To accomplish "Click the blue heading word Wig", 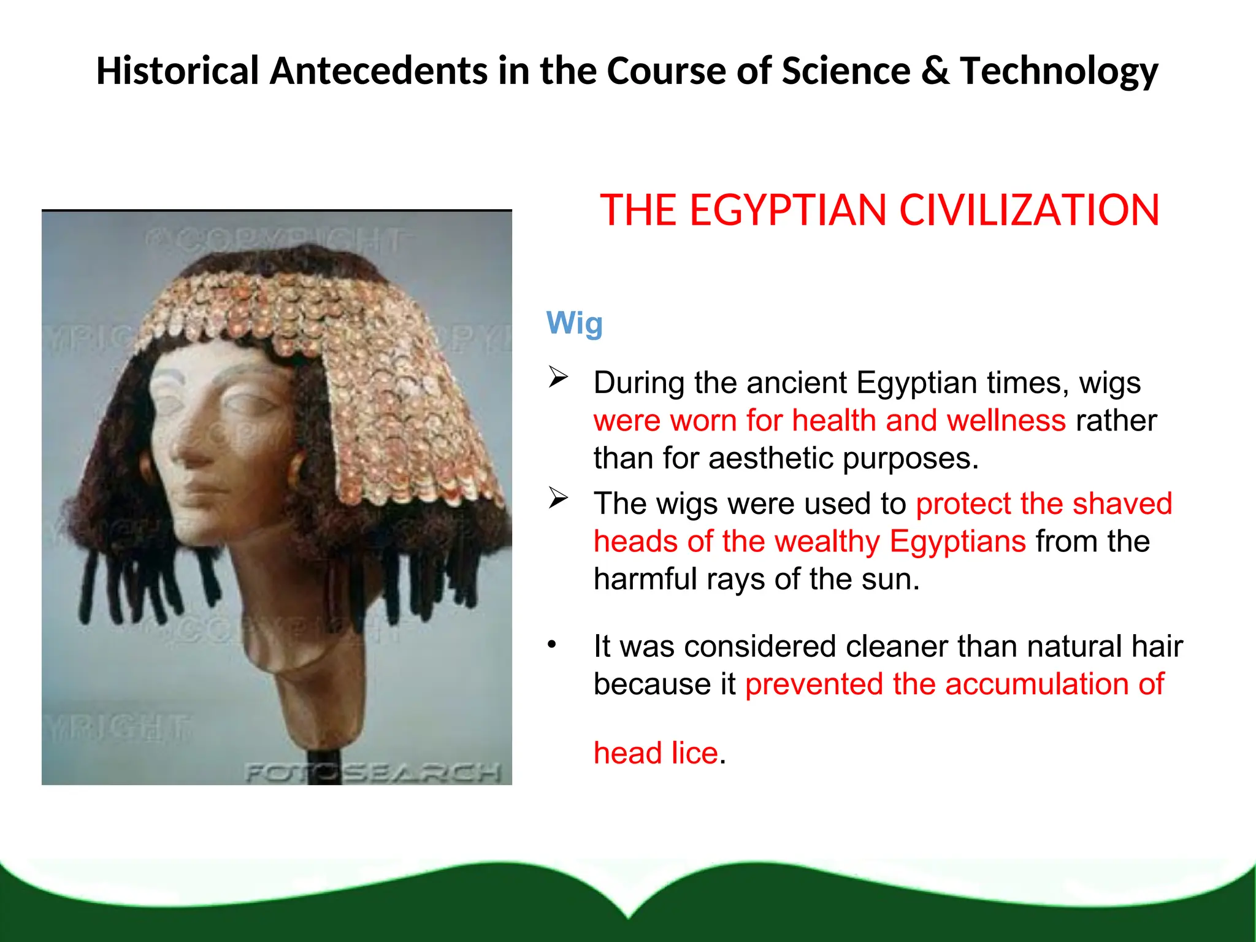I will (574, 323).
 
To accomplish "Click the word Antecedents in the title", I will (378, 71).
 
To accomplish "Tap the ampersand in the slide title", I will (935, 71).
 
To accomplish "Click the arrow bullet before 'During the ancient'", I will (559, 377).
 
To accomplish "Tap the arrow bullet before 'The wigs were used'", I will (559, 498).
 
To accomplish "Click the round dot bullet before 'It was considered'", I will (552, 645).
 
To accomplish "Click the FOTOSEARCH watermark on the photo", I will (372, 773).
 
